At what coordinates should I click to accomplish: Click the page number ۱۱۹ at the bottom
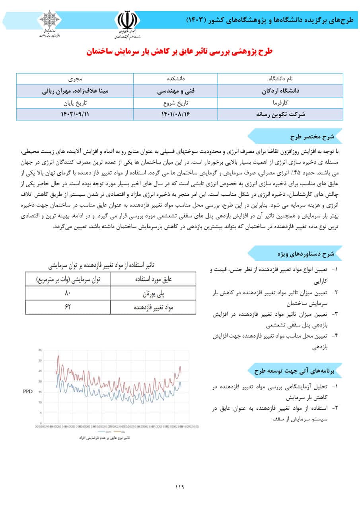click(x=180, y=486)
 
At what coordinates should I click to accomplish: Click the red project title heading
click(x=180, y=52)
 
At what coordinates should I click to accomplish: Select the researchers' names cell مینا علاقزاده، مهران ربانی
click(x=75, y=91)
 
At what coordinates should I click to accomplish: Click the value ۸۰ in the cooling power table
click(x=68, y=293)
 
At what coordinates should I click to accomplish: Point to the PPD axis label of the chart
click(x=27, y=391)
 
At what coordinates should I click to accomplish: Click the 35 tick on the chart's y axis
click(x=40, y=350)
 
